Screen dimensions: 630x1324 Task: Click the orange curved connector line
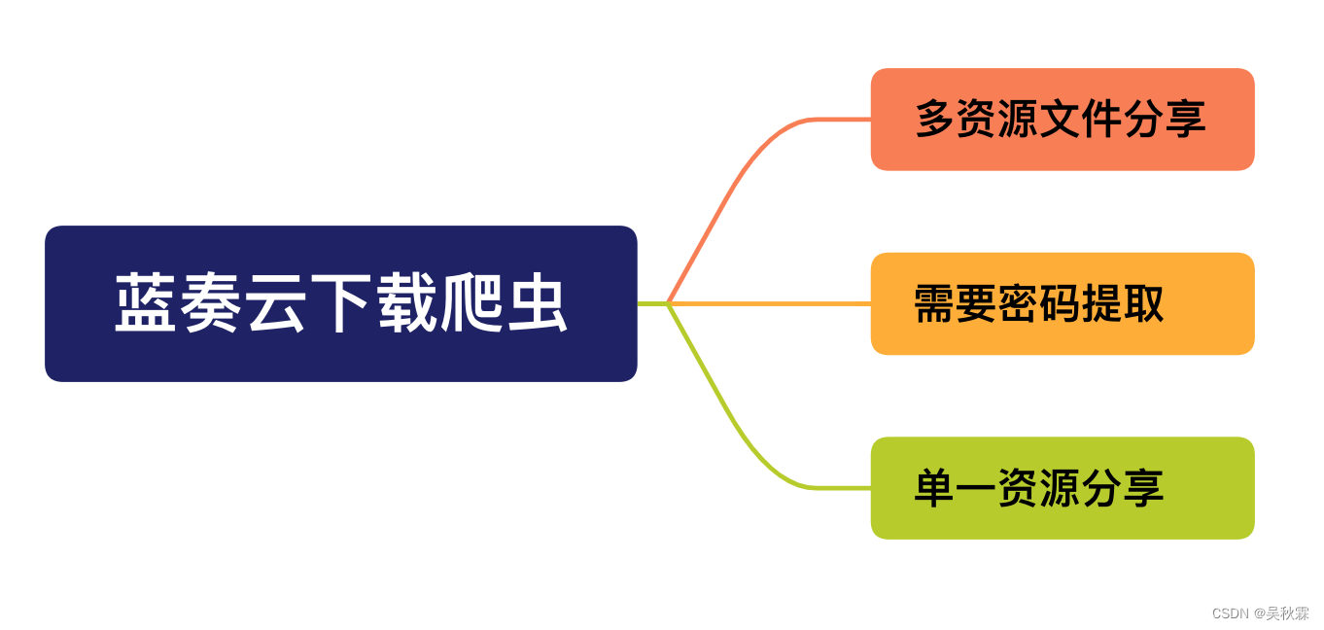click(x=739, y=175)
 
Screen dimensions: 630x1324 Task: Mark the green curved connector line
click(x=739, y=433)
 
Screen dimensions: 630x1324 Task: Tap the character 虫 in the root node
click(x=537, y=303)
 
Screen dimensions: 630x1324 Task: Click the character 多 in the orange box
click(x=935, y=119)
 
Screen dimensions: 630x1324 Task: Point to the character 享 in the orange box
click(x=1186, y=119)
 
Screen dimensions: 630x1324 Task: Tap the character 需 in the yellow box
click(x=935, y=303)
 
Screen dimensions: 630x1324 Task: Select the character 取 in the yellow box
click(x=1144, y=303)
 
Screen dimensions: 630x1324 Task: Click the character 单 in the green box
click(x=935, y=488)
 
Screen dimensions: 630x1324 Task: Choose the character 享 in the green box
click(x=1144, y=488)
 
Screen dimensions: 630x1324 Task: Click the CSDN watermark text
click(x=1230, y=613)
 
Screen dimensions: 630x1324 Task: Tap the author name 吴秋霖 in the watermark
click(x=1288, y=613)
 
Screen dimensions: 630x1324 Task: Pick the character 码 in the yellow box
click(x=1061, y=303)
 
